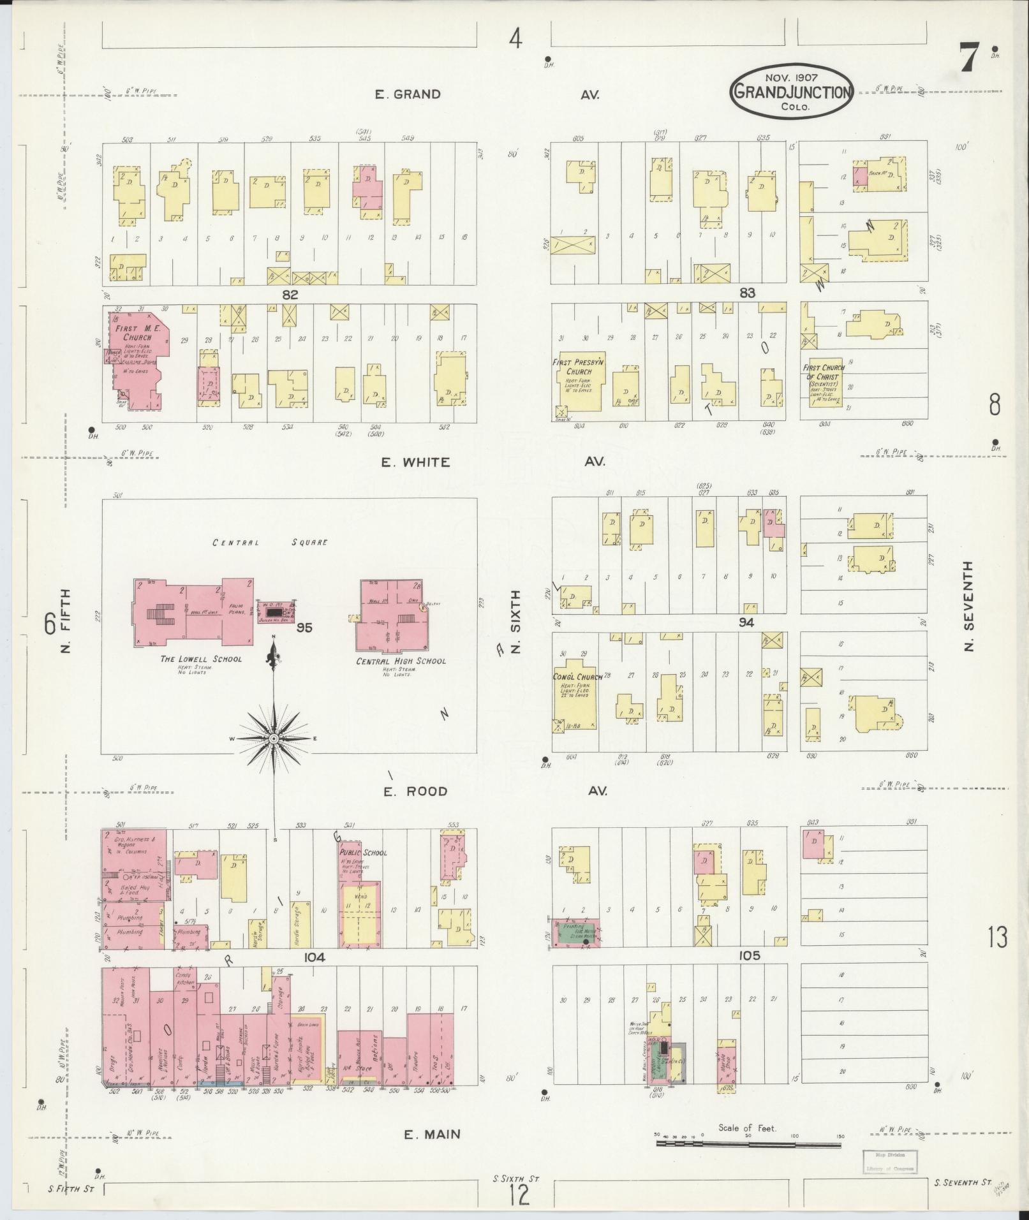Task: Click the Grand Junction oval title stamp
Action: coord(792,93)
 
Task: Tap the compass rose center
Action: coord(274,739)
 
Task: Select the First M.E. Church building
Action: coord(137,360)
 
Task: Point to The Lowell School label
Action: coord(201,659)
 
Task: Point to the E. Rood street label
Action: coord(415,791)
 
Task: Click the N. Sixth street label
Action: coord(516,621)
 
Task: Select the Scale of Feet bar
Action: coord(748,1145)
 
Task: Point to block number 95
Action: coord(304,628)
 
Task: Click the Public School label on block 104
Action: coord(363,853)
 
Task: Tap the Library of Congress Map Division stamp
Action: coord(891,1161)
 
